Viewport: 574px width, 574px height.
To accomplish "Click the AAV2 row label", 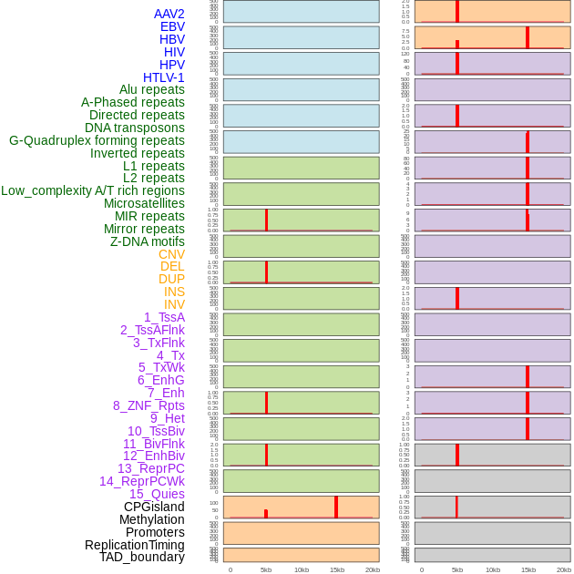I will coord(169,14).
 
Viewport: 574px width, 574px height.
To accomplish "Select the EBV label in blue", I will coord(172,26).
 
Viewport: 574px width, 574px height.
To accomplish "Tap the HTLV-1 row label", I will coord(163,77).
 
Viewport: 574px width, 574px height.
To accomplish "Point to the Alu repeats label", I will coord(151,89).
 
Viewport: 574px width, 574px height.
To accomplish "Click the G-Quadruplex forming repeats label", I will coord(97,140).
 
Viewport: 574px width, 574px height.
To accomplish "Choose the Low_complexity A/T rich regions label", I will coord(93,190).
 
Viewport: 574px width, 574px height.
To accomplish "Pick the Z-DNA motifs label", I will coord(147,241).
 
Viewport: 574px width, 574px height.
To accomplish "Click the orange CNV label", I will coord(171,254).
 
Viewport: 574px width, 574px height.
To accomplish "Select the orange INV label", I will coord(174,304).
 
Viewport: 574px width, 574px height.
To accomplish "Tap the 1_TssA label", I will coord(164,317).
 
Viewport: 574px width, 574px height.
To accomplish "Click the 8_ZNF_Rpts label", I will coord(149,405).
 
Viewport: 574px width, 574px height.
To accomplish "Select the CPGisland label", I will coord(154,507).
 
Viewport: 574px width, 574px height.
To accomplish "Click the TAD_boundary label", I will coord(142,557).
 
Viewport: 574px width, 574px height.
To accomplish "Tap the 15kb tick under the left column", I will coord(336,569).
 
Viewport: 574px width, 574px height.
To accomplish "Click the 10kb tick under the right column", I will coord(493,569).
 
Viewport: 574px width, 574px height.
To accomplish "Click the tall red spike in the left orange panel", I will coord(336,507).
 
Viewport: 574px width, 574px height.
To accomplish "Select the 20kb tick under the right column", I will coord(564,569).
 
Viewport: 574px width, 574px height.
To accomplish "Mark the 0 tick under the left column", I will coord(231,569).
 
